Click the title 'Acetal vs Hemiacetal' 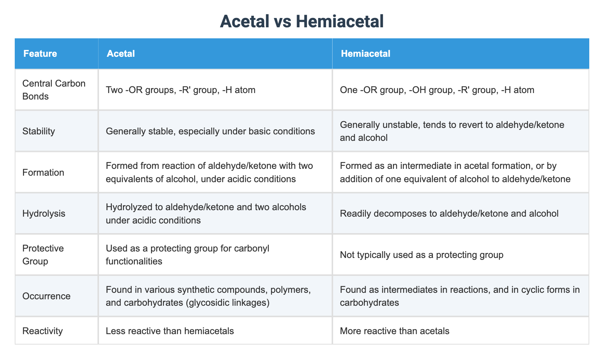(x=302, y=21)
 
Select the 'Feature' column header (x=40, y=54)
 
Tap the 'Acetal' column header (x=121, y=54)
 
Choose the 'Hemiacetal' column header (x=365, y=54)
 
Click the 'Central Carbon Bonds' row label (x=54, y=90)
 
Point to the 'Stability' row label (x=38, y=131)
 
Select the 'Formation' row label (x=43, y=172)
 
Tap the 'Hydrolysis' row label (x=44, y=213)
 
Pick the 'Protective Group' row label (x=43, y=255)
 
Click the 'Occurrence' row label (x=46, y=296)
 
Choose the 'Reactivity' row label (x=42, y=331)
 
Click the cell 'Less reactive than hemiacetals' (x=170, y=331)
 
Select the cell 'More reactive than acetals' (x=394, y=331)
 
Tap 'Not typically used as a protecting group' (x=421, y=255)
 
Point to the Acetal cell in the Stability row (x=210, y=131)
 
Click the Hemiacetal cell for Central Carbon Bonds (x=437, y=90)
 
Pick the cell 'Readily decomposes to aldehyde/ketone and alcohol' (x=449, y=213)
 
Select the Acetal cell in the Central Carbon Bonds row (x=180, y=90)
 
